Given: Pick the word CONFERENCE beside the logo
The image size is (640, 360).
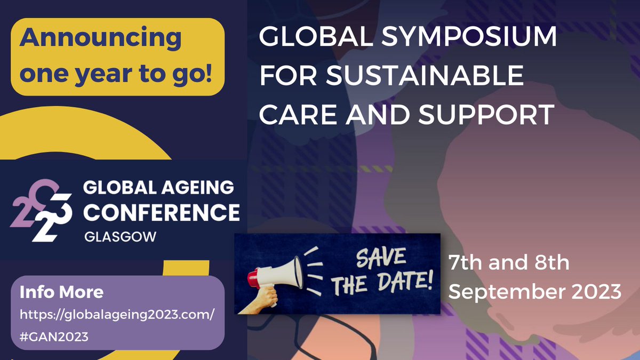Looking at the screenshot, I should click(x=163, y=212).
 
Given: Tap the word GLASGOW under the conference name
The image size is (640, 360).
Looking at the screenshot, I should click(x=120, y=236).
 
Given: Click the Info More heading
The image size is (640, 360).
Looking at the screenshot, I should click(x=61, y=292).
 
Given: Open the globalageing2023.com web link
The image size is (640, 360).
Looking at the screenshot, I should click(x=117, y=315).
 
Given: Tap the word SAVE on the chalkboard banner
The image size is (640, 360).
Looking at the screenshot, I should click(x=380, y=260).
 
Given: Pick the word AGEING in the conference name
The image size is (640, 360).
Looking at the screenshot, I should click(x=197, y=188).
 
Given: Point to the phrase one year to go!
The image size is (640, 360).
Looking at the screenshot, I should click(x=117, y=74).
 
